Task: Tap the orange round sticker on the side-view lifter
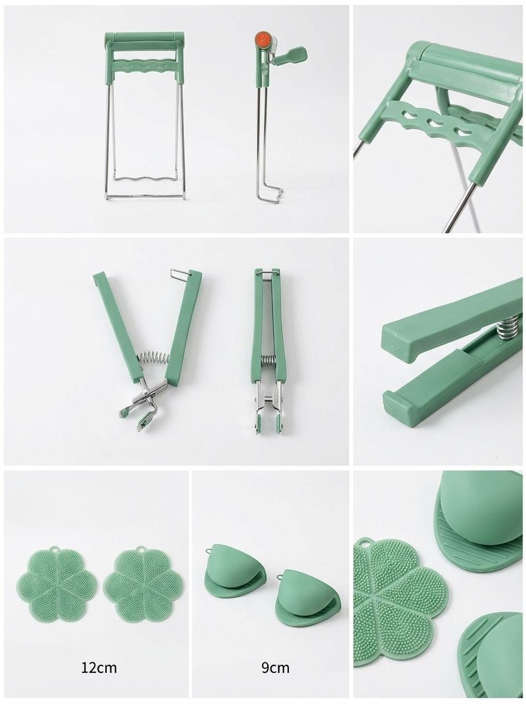262,39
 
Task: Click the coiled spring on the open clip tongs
154,358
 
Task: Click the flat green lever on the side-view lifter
291,55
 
